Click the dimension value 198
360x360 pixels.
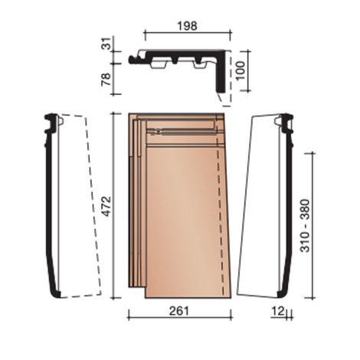pyautogui.click(x=188, y=26)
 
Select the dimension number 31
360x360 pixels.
pyautogui.click(x=107, y=44)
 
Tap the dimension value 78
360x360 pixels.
pyautogui.click(x=106, y=79)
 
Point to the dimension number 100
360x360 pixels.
pyautogui.click(x=241, y=70)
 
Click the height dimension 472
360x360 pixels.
pyautogui.click(x=106, y=206)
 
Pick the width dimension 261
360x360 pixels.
pyautogui.click(x=179, y=311)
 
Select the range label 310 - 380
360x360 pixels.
pyautogui.click(x=305, y=226)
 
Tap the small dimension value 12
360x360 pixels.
pyautogui.click(x=278, y=311)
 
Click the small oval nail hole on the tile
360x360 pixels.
pyautogui.click(x=159, y=132)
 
